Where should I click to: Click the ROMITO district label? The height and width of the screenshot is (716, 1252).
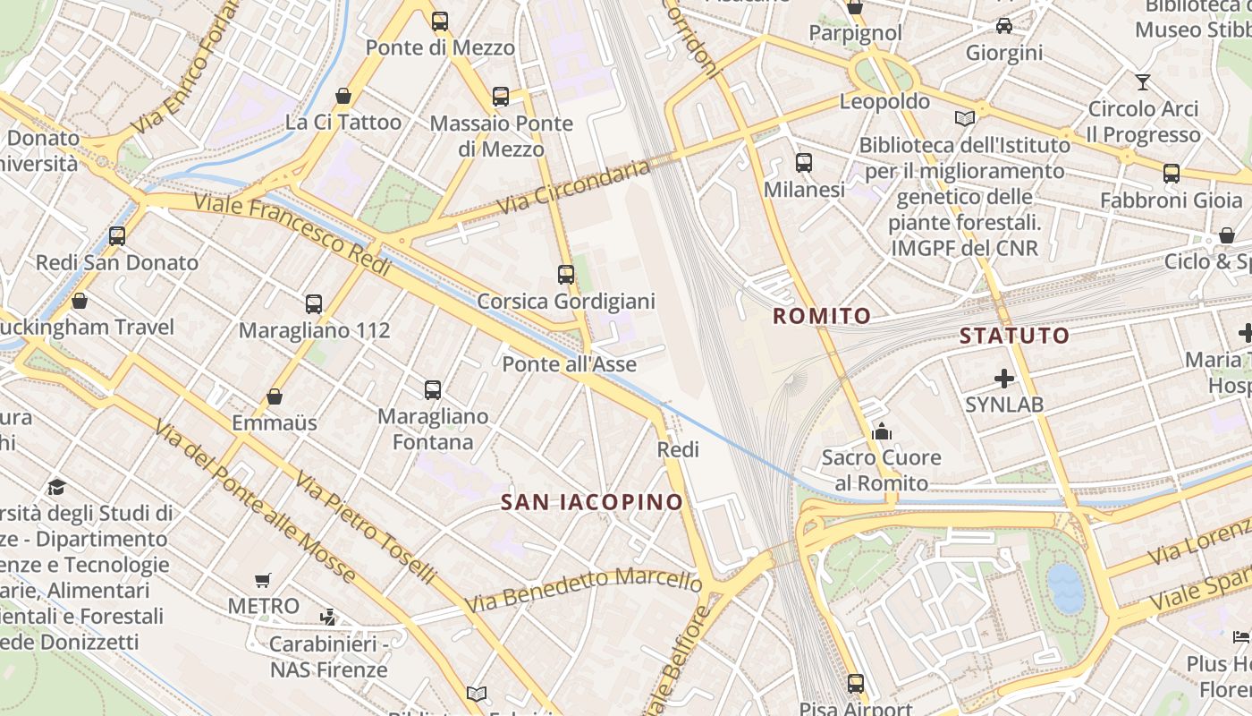point(821,316)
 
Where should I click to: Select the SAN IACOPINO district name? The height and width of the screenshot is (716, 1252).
point(592,502)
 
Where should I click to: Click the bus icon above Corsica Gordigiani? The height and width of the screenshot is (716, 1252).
point(565,275)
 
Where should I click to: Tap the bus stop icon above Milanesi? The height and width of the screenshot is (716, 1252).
point(804,163)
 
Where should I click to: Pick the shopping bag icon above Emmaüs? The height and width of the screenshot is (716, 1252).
point(275,396)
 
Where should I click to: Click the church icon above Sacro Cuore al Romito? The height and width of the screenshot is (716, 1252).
point(882,432)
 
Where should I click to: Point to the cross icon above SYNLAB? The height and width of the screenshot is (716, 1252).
point(1003,379)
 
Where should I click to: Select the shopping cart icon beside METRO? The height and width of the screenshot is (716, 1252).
point(262,580)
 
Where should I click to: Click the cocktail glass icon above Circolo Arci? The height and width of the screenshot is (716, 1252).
point(1142,82)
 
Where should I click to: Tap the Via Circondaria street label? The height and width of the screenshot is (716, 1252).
point(573,187)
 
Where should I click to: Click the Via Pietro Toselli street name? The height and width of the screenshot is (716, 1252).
point(366,529)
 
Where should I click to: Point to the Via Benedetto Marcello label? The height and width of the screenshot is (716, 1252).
point(582,589)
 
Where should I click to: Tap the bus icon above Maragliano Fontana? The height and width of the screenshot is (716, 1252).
point(433,389)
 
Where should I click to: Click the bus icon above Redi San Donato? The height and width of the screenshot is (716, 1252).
point(117,236)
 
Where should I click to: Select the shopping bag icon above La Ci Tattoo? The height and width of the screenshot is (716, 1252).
point(343,96)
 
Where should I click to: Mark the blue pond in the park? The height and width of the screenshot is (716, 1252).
point(1065,588)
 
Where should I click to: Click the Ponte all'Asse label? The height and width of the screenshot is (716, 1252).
point(569,364)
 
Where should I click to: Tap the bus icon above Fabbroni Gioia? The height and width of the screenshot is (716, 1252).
point(1171,174)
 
